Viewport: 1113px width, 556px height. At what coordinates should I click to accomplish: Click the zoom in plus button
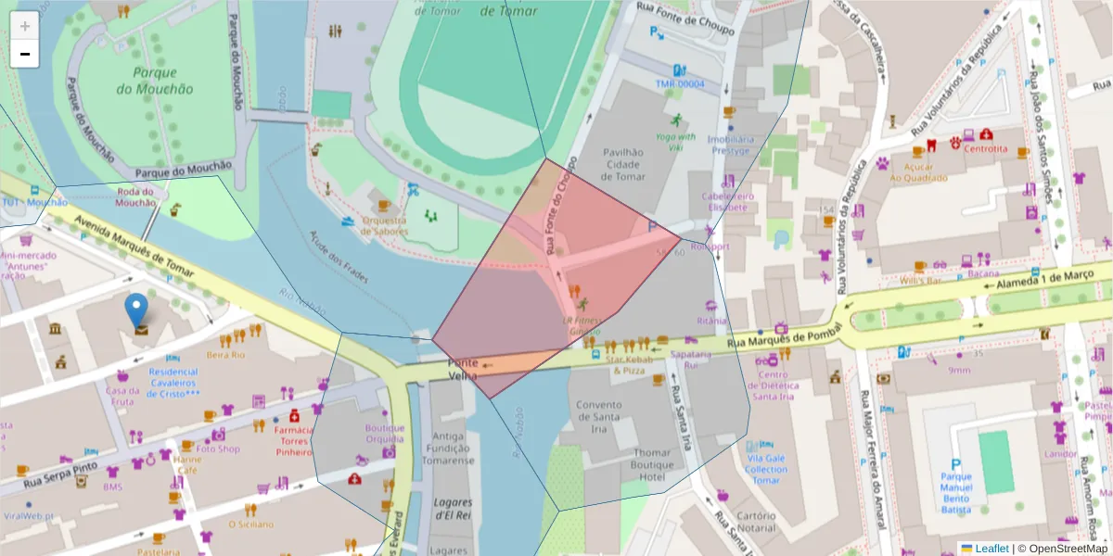point(25,25)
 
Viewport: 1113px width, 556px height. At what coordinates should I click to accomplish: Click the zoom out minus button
point(25,54)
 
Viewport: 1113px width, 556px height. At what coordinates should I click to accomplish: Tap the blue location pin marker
point(136,310)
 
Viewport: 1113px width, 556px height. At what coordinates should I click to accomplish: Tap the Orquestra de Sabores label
point(384,226)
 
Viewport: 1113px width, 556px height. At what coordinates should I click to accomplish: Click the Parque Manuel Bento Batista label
point(956,493)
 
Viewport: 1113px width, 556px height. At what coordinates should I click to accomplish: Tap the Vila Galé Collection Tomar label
point(766,469)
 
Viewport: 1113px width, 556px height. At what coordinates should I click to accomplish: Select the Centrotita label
point(985,148)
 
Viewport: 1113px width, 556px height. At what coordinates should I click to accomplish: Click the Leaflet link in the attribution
point(991,549)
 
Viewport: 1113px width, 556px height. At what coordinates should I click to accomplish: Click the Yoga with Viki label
point(675,141)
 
